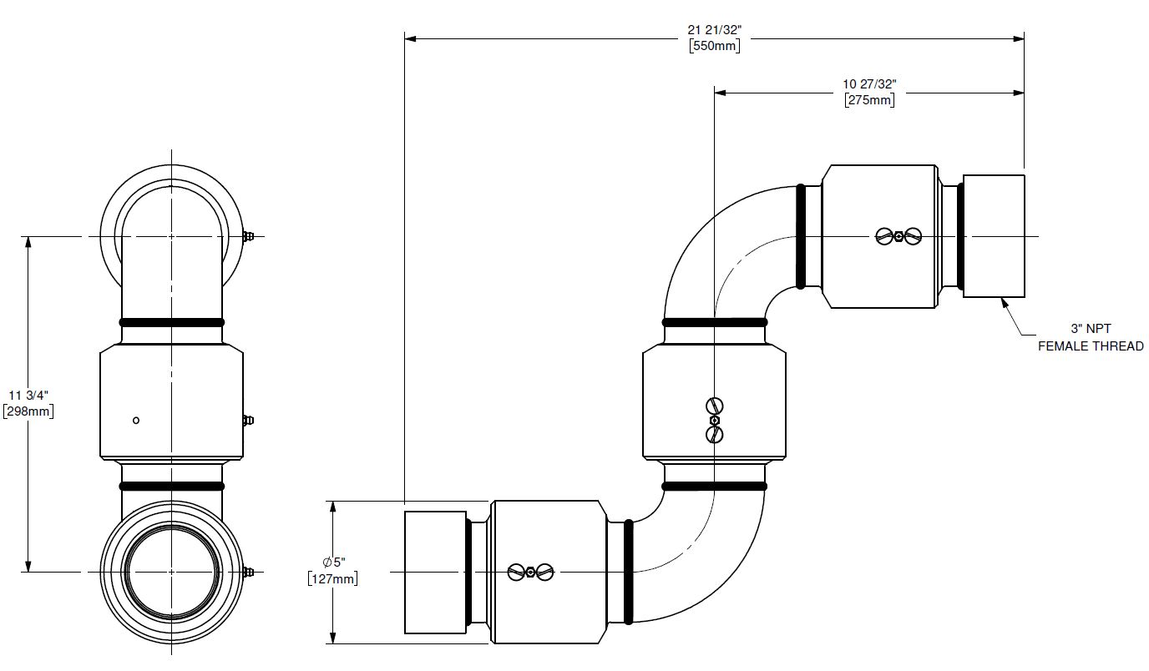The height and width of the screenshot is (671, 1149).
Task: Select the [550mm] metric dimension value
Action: tap(714, 46)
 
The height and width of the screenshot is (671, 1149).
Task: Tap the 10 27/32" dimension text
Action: tap(869, 84)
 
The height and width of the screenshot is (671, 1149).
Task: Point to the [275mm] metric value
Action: tap(869, 100)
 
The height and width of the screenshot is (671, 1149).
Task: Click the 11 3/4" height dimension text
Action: tap(28, 395)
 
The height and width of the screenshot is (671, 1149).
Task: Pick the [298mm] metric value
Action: tap(28, 411)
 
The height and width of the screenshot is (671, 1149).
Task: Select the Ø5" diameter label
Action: tap(332, 563)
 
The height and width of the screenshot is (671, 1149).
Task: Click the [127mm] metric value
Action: tap(332, 578)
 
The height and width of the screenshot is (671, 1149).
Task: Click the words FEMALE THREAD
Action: tap(1091, 346)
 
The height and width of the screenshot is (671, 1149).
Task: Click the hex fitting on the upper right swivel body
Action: tap(898, 236)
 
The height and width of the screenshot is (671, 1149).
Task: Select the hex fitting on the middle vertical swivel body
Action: tap(714, 420)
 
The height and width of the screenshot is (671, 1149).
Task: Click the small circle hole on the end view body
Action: tap(136, 420)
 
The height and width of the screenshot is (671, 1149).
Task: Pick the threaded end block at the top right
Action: tap(994, 236)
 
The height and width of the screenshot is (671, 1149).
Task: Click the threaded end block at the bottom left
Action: tap(435, 572)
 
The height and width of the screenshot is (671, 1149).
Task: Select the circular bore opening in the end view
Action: tap(172, 572)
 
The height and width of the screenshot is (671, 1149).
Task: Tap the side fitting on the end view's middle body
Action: tap(248, 420)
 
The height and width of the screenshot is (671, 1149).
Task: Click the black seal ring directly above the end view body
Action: tap(172, 322)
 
